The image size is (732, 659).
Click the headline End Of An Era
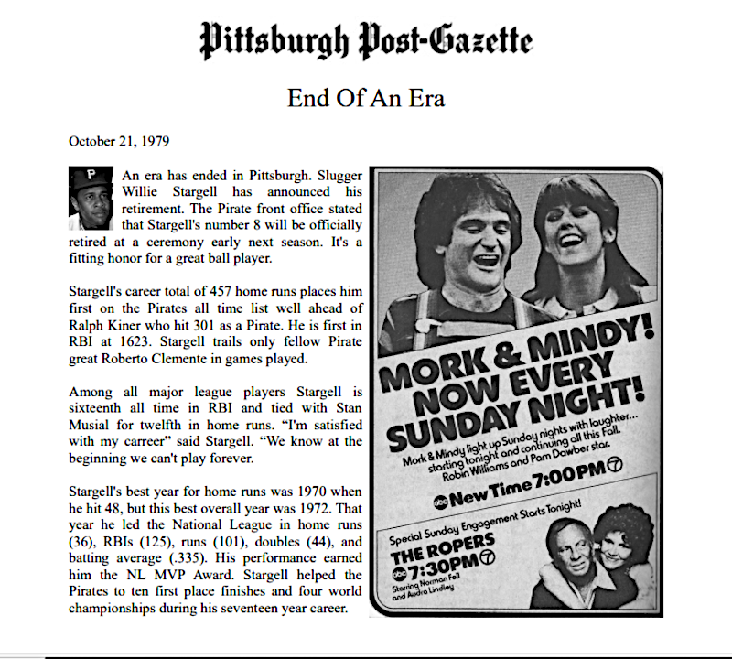point(366,96)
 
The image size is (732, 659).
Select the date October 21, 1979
point(118,141)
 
